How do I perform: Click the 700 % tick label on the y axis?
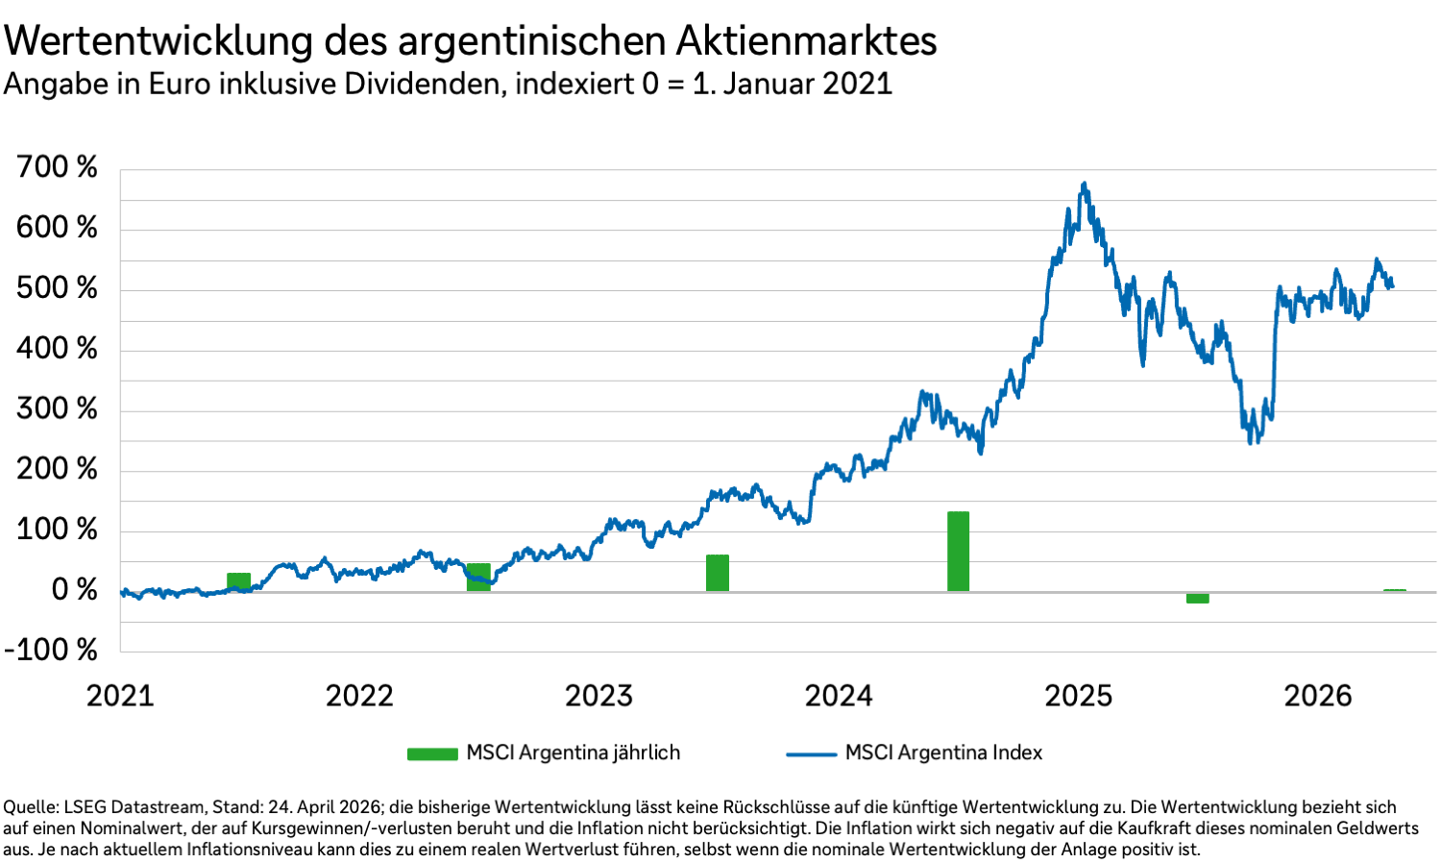point(57,167)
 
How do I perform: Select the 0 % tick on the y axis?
point(74,589)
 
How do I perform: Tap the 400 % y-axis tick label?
point(57,348)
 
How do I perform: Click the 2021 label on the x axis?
point(120,696)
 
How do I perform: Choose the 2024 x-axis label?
point(839,696)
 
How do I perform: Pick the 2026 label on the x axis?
point(1318,696)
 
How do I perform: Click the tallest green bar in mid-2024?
point(958,552)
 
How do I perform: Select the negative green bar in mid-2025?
point(1197,598)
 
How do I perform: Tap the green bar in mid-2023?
point(718,574)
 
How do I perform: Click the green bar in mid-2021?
point(238,581)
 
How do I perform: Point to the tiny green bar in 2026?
point(1394,590)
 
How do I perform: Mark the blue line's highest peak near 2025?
point(1085,184)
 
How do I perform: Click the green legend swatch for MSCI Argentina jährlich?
point(432,754)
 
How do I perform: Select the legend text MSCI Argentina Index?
point(943,753)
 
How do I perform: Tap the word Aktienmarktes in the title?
point(806,41)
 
